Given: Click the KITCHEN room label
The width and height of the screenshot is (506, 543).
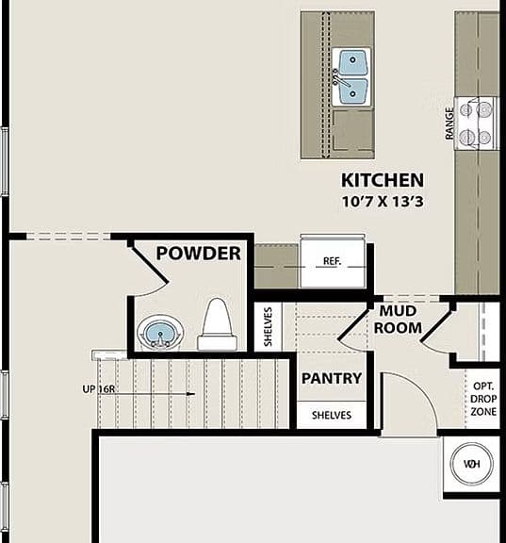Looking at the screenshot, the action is (383, 180).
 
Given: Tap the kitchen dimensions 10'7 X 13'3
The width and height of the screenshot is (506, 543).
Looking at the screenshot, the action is (383, 201).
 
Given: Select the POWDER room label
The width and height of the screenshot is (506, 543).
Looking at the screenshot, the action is (198, 254).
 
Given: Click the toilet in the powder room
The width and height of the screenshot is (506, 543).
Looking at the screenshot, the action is (217, 324).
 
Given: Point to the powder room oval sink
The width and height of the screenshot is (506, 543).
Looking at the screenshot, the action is (160, 333).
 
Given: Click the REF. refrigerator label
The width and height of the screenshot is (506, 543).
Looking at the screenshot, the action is (332, 261).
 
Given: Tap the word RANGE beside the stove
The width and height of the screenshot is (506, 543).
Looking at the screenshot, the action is (449, 123).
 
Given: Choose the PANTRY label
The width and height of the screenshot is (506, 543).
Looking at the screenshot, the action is (332, 378).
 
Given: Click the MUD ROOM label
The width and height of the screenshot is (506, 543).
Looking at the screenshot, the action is (398, 320).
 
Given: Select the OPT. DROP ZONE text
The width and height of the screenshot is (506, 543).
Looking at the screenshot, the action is (483, 399).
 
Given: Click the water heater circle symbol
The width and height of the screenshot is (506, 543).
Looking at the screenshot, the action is (471, 464).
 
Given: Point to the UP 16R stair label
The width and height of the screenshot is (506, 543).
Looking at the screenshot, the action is (98, 389).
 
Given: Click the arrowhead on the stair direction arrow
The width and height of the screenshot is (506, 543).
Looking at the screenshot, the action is (190, 394).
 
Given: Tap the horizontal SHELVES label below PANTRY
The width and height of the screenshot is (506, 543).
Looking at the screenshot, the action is (332, 415).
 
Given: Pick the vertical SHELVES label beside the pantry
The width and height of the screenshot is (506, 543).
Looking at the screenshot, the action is (268, 326).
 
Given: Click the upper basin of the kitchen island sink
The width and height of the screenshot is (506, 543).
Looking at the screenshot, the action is (352, 61).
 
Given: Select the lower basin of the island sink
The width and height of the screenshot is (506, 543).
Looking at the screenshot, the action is (352, 92).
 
